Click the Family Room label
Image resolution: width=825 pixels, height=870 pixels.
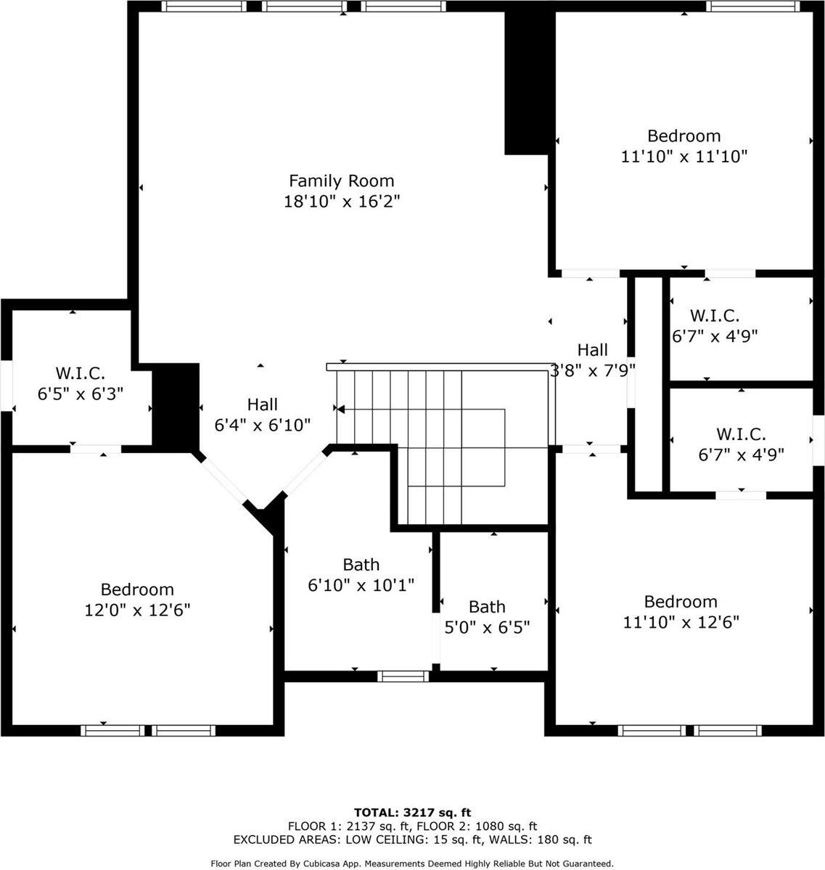pyautogui.click(x=342, y=181)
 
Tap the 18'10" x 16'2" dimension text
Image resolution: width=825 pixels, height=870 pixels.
pyautogui.click(x=342, y=201)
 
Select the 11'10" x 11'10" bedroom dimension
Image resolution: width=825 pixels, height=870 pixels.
pyautogui.click(x=684, y=156)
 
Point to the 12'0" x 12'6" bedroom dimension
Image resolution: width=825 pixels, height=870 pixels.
pyautogui.click(x=137, y=610)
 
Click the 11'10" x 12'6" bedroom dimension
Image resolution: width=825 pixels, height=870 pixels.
pyautogui.click(x=681, y=621)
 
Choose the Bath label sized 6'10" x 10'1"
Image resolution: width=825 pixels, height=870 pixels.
pyautogui.click(x=361, y=565)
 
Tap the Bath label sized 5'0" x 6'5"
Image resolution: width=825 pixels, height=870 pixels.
pyautogui.click(x=487, y=607)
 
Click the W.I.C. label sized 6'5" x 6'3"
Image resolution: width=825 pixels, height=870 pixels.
pyautogui.click(x=81, y=374)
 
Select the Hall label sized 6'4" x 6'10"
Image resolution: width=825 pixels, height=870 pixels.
pyautogui.click(x=262, y=405)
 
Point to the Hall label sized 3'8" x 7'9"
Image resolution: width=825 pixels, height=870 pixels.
pyautogui.click(x=593, y=350)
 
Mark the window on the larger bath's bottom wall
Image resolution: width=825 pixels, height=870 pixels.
pyautogui.click(x=403, y=676)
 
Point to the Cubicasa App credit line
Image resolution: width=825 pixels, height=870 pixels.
pyautogui.click(x=412, y=863)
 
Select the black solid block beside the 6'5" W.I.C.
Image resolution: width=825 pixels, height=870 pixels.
pyautogui.click(x=175, y=406)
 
